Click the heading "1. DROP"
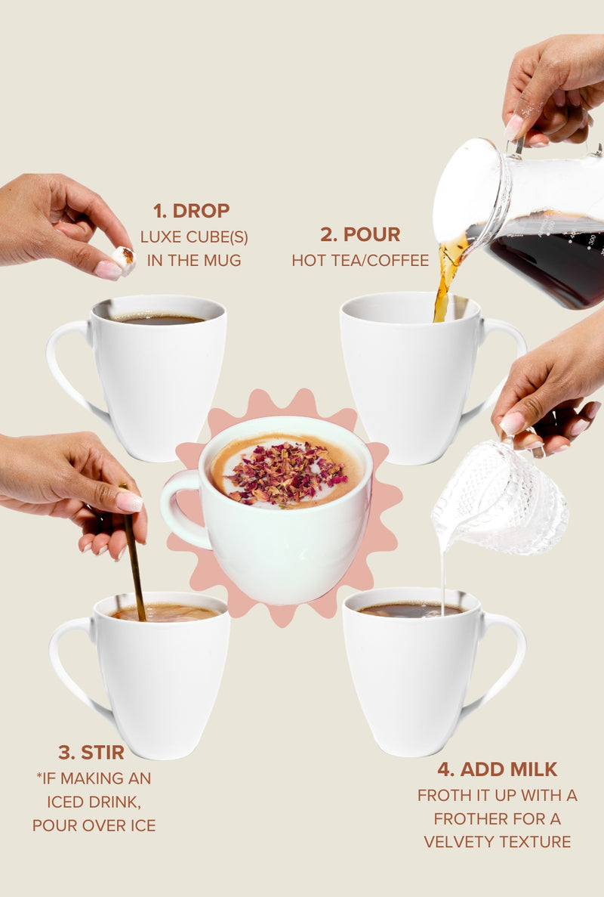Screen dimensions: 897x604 [x=191, y=211]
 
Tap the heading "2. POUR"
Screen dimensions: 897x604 [x=360, y=234]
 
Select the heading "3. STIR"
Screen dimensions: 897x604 [x=91, y=752]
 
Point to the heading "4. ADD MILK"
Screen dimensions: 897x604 [x=497, y=769]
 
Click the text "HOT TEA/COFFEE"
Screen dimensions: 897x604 [x=360, y=261]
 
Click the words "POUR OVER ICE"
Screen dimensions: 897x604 [x=94, y=825]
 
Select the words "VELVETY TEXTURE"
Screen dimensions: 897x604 [x=497, y=842]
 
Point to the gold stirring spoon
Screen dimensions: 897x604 [x=134, y=567]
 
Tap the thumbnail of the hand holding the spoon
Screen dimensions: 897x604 [x=128, y=501]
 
